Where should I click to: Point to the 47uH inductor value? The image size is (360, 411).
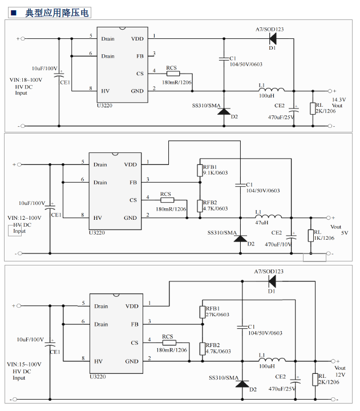coord(261,223)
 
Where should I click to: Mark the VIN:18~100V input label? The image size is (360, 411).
coord(26,80)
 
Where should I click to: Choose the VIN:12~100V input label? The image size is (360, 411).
coord(25,218)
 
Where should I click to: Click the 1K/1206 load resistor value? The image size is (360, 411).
coord(324,237)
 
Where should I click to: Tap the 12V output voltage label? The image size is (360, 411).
coord(340,375)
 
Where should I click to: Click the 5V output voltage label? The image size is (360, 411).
coord(344,233)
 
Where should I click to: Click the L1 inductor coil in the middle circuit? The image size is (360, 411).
coord(270,217)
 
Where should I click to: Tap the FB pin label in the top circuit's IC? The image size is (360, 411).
coord(140,56)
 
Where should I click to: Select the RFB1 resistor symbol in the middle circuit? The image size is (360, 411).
coord(200,170)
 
